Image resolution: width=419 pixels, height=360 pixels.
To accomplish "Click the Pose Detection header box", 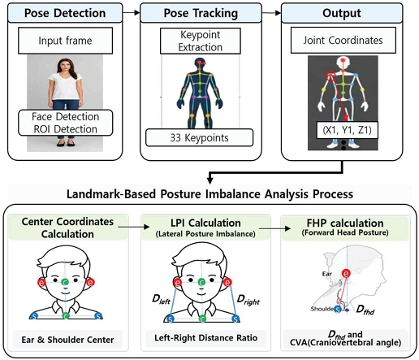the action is (65, 13).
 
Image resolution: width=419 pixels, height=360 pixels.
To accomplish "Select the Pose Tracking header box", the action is (201, 13).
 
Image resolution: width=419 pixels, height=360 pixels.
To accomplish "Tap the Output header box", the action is (342, 13).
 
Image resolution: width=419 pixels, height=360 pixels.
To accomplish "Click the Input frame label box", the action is (65, 41).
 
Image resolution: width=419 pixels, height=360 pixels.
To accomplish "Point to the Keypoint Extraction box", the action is (201, 41).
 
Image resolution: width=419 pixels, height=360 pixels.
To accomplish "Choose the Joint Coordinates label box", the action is (343, 41).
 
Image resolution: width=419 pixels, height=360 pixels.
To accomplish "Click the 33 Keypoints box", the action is (200, 137).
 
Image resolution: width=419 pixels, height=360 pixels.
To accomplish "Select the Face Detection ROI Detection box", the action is (65, 123).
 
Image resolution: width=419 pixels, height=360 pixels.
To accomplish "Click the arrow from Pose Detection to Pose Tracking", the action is (132, 12).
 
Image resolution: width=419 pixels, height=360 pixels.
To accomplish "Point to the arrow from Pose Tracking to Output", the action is (271, 13).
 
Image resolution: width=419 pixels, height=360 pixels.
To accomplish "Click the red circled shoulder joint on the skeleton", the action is (330, 76).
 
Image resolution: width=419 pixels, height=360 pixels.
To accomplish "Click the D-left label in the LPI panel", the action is (162, 300).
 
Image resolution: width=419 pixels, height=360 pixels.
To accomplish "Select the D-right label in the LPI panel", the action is (248, 300).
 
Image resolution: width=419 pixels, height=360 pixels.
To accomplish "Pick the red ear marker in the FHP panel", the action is (346, 274).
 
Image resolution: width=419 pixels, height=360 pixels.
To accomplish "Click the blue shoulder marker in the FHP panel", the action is (337, 309).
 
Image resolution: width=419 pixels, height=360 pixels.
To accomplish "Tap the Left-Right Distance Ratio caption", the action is (206, 338).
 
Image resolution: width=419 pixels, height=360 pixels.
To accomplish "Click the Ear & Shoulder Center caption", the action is (67, 340).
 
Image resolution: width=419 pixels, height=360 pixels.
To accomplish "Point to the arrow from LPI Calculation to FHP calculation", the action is (274, 228).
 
